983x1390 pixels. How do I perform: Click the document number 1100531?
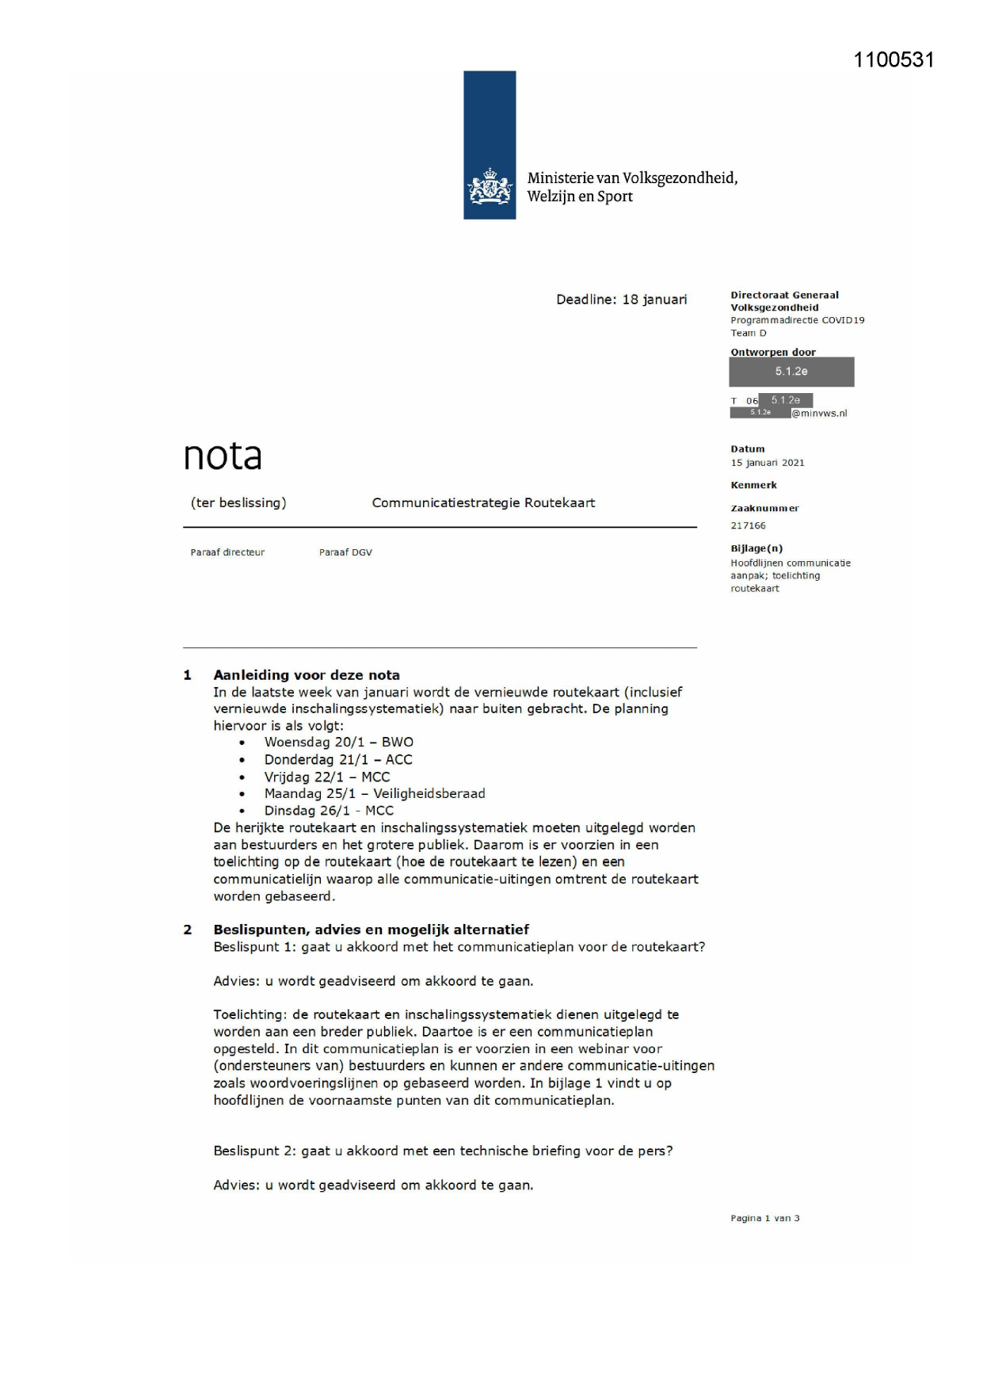893,60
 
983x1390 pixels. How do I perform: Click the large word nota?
223,456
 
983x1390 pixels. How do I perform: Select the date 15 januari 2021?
767,463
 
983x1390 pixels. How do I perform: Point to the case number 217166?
748,525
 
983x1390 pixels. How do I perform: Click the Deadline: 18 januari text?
621,300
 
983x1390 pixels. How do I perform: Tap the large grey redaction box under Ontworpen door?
791,372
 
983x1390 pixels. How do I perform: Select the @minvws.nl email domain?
819,413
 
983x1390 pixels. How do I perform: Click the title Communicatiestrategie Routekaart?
483,502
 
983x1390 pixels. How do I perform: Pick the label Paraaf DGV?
345,552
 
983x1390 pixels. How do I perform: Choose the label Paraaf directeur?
227,552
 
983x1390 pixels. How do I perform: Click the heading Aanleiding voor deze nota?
306,675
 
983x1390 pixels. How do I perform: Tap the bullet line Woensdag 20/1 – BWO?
338,743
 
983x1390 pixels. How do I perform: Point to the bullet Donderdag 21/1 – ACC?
338,759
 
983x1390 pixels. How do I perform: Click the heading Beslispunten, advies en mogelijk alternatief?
371,930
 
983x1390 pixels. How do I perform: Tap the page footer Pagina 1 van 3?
764,1218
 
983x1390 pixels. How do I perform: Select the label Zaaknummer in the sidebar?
764,508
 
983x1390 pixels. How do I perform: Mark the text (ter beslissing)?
238,502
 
